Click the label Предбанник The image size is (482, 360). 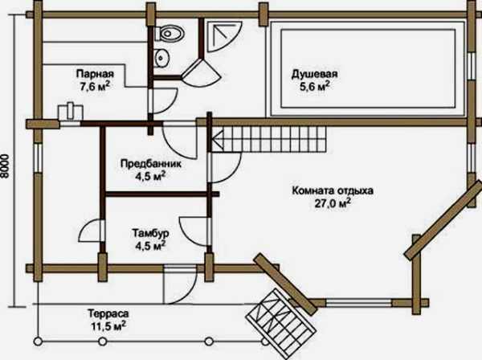point(145,162)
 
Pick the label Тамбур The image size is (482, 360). point(149,233)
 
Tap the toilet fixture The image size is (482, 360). point(168,34)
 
